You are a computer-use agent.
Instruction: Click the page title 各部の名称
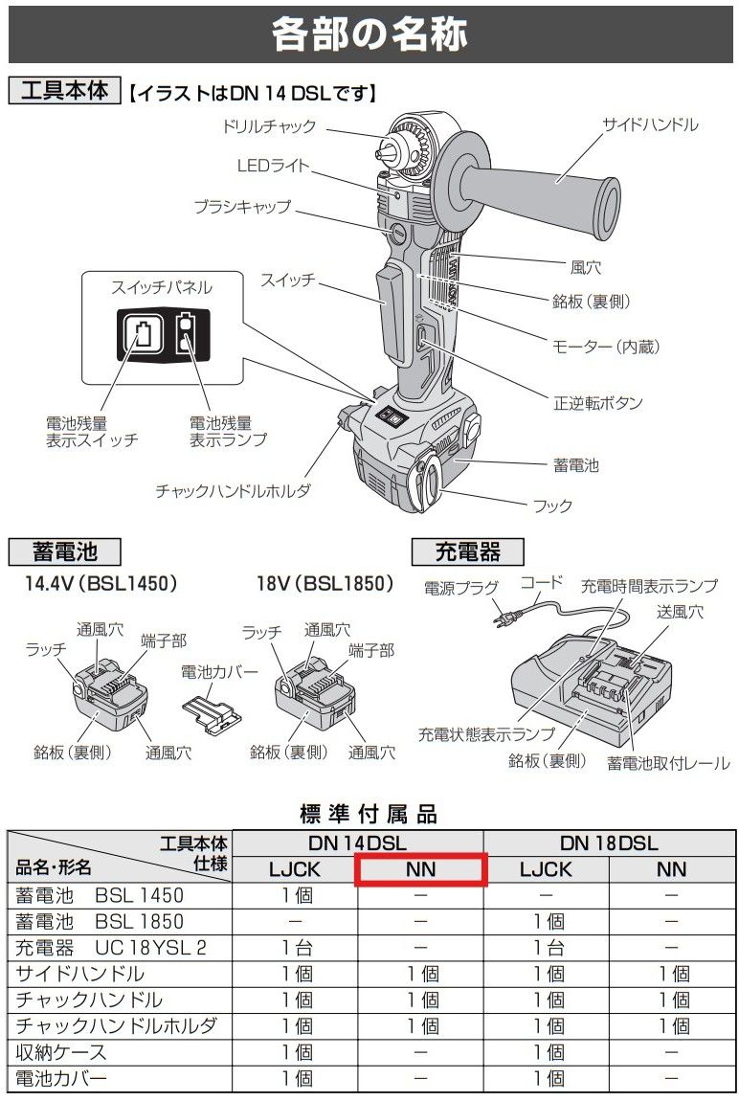[369, 35]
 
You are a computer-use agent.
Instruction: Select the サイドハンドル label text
[650, 125]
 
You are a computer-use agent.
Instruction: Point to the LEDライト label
[273, 165]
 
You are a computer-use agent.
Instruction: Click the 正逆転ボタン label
[598, 402]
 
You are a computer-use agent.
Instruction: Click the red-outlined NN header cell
[421, 869]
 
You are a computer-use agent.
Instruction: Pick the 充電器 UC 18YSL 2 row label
[111, 948]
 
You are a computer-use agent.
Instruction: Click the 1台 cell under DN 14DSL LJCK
[296, 948]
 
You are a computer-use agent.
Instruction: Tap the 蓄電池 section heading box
[64, 551]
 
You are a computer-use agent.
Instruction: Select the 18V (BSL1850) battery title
[325, 583]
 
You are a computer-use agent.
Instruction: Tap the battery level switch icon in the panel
[142, 335]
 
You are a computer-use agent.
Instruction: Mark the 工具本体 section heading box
[65, 92]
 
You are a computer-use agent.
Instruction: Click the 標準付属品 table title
[369, 814]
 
